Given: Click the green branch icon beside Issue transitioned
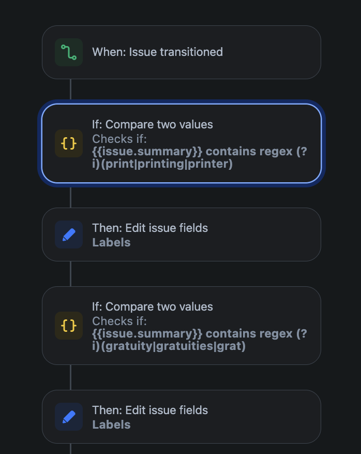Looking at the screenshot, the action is tap(69, 52).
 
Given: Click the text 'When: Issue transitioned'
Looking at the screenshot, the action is tap(157, 52).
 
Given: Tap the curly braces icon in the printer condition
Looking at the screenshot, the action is tap(69, 143).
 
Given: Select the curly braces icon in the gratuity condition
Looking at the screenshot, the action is tap(69, 326).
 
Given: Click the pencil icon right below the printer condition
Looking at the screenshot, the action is tap(69, 235).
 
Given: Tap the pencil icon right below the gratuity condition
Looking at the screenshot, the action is tap(69, 417).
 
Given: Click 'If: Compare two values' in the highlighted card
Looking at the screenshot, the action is tap(153, 124).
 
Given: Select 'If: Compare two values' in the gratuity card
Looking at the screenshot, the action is tap(153, 306).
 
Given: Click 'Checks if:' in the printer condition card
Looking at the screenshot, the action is tap(119, 139).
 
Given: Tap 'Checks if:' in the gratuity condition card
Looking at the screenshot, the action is tap(119, 321).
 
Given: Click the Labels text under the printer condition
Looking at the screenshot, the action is tap(111, 242).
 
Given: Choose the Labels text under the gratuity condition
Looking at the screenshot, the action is tap(111, 424).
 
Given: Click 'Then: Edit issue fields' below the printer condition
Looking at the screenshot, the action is tap(150, 228).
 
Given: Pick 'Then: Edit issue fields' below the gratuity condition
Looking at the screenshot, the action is tap(150, 410).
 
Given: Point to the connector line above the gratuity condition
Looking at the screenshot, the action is tap(70, 273).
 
